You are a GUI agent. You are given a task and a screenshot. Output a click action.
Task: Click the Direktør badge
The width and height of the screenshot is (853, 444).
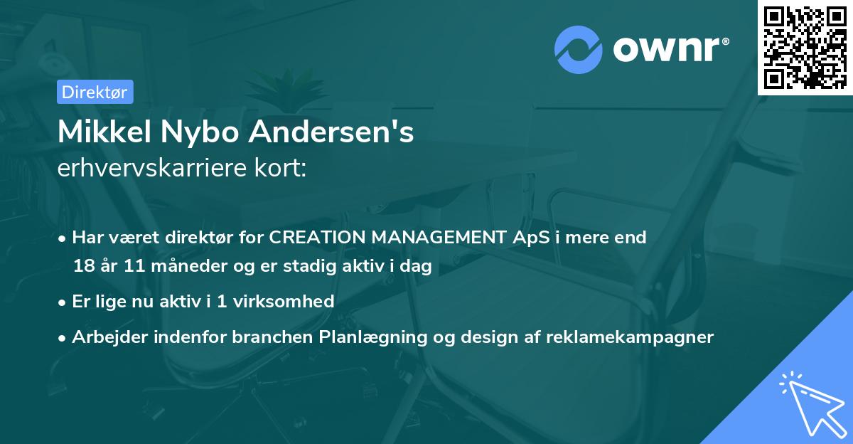point(94,91)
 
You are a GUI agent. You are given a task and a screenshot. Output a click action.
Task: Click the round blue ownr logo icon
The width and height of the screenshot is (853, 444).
point(579,50)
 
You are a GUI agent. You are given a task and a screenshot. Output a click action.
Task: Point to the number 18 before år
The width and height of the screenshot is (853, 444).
point(83,267)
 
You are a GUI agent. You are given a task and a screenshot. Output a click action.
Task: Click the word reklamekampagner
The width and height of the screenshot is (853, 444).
point(630,337)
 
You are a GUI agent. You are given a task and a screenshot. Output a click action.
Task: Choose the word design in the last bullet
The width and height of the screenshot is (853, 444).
point(488,337)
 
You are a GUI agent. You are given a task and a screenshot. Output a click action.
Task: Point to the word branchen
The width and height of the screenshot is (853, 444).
point(262,337)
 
